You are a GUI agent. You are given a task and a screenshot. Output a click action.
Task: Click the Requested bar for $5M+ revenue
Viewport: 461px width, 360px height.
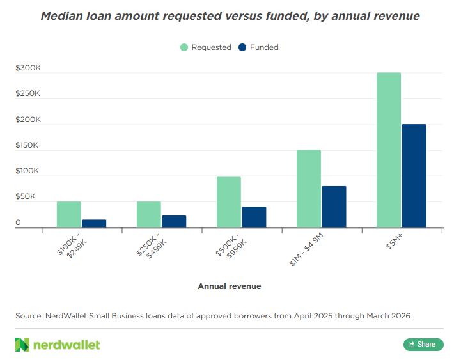click(x=389, y=150)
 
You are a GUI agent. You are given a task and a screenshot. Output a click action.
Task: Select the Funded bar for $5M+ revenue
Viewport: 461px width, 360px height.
click(x=414, y=176)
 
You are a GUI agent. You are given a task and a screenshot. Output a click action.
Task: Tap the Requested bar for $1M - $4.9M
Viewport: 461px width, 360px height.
click(x=309, y=189)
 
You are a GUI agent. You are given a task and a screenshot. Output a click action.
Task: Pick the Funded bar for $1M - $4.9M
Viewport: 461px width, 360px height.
click(x=334, y=207)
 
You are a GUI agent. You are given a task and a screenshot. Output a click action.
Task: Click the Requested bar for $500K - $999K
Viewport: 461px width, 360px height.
click(x=229, y=202)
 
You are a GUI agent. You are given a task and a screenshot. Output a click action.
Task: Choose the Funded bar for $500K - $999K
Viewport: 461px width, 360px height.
click(x=254, y=217)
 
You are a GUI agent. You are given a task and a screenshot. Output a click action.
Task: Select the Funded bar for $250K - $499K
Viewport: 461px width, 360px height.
click(x=174, y=221)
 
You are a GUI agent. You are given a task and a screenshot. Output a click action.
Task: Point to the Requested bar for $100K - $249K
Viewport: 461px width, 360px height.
click(x=69, y=214)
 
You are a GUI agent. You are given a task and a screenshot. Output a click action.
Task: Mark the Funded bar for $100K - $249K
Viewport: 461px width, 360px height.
click(x=94, y=224)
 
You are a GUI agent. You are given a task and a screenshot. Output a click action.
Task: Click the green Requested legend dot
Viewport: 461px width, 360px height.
click(x=184, y=47)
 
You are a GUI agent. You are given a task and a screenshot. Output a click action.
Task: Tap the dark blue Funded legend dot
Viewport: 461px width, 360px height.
click(x=242, y=47)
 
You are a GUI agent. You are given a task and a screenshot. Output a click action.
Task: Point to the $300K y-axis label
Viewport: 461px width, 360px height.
click(x=28, y=68)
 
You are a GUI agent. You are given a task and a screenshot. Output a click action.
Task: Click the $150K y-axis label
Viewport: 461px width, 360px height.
click(x=27, y=145)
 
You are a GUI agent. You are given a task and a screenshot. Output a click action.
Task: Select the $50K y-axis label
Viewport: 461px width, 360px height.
click(x=26, y=196)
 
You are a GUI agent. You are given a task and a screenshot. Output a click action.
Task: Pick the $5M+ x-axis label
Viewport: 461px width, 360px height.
click(x=394, y=242)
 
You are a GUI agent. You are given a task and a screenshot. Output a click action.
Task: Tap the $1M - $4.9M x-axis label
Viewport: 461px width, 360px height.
click(x=306, y=249)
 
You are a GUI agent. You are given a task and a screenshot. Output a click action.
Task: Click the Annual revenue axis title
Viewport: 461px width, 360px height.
click(x=230, y=286)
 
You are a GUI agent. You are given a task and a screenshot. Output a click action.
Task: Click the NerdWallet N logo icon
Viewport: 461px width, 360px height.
click(x=22, y=345)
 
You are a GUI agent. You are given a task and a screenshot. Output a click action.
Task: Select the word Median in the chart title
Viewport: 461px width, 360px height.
click(x=61, y=16)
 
